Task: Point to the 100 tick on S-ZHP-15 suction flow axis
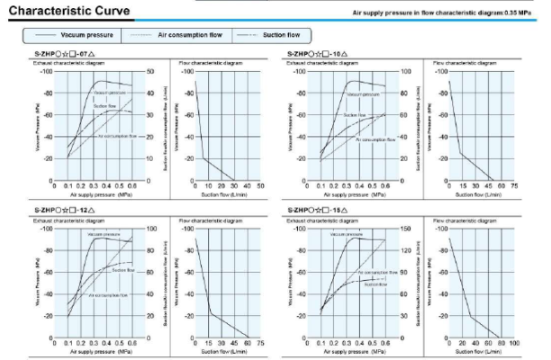tap(514, 343)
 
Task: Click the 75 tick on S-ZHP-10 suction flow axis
tap(514, 187)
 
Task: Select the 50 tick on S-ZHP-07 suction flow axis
tap(260, 187)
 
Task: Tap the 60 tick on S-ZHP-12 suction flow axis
tap(247, 343)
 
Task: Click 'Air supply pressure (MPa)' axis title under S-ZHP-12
tap(101, 352)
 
